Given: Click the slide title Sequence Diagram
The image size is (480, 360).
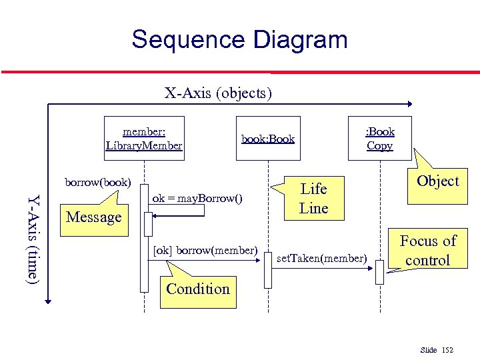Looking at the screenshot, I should (x=239, y=39).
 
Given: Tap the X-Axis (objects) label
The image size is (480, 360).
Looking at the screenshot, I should (x=218, y=93).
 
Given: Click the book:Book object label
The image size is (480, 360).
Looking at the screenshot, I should (x=267, y=139).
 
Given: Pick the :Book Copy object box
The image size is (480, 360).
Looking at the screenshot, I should (x=380, y=139).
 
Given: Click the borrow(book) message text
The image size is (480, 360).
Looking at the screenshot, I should (x=97, y=182).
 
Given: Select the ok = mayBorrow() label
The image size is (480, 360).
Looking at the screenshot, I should (x=197, y=198).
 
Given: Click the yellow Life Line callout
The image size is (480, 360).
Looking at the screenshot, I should (x=313, y=198).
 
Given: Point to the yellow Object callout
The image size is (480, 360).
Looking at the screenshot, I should (x=437, y=181).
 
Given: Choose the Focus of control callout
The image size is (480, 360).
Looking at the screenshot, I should (x=427, y=250).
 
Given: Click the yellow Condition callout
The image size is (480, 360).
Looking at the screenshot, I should (x=197, y=289).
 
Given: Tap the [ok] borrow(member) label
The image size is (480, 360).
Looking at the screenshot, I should (x=205, y=250).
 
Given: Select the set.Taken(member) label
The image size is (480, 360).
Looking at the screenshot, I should (x=321, y=257).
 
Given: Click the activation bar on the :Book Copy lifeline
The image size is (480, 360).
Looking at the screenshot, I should (x=379, y=272).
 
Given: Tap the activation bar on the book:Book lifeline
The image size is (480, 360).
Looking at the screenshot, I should (x=267, y=270).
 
